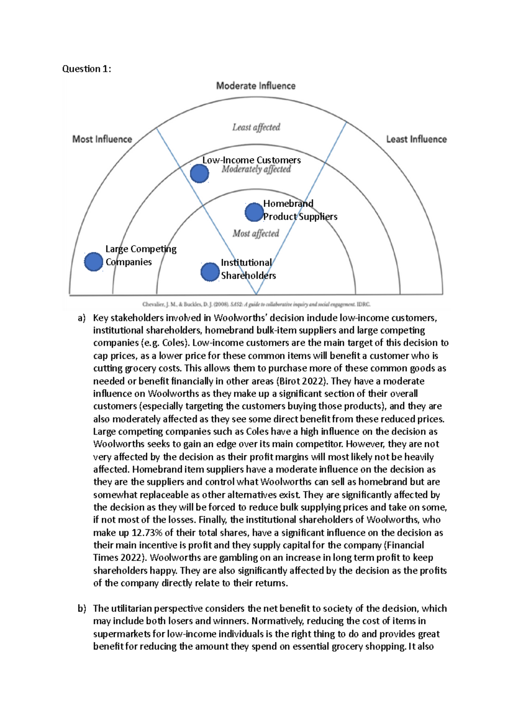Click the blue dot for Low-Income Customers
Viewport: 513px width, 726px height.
coord(199,174)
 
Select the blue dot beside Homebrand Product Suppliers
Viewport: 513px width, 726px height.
coord(254,212)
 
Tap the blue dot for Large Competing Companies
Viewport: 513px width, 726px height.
coord(93,262)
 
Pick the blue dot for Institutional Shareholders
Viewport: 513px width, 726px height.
coord(210,272)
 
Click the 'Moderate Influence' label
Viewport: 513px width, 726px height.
coord(256,86)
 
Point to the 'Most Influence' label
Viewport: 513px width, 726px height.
coord(102,139)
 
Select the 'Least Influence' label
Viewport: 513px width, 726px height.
coord(416,139)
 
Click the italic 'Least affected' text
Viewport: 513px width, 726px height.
coord(256,127)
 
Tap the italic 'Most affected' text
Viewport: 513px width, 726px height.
coord(256,233)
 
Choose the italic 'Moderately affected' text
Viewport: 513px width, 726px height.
coord(256,169)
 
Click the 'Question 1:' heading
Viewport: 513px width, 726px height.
coord(87,69)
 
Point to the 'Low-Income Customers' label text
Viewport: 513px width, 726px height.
coord(251,160)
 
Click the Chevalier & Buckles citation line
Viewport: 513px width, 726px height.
coord(256,304)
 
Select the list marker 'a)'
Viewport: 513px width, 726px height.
coord(82,318)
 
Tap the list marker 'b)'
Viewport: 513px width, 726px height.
coord(82,608)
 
